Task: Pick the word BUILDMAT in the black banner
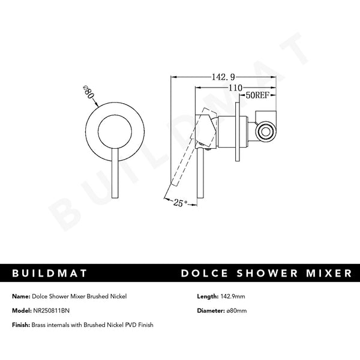[x=50, y=274]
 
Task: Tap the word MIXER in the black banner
[x=328, y=274]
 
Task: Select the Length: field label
[x=208, y=296]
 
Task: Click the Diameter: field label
[x=212, y=311]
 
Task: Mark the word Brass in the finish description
[x=40, y=325]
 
